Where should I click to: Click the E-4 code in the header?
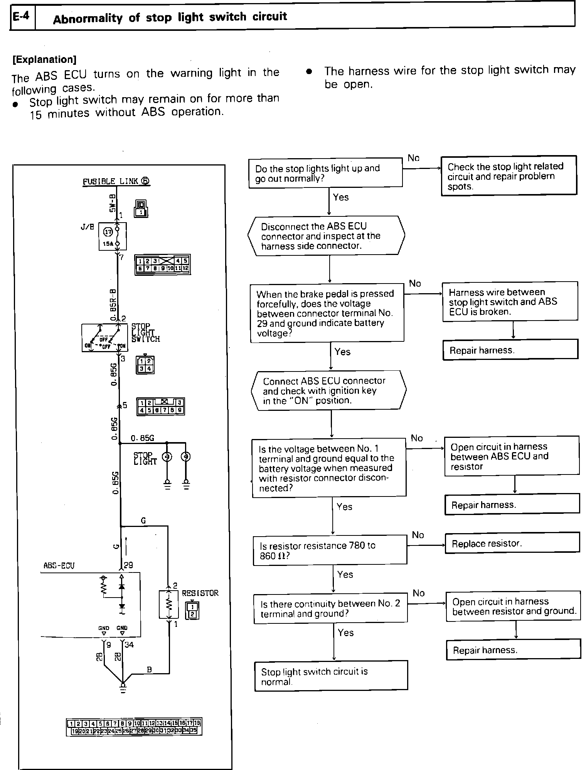point(22,17)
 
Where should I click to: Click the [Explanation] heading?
point(44,59)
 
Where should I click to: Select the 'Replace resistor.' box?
point(512,543)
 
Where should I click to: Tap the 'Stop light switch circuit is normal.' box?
point(331,676)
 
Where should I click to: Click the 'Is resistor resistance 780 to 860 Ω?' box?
point(330,550)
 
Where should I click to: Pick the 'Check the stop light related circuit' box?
point(509,176)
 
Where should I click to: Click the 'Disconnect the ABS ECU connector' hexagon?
point(326,236)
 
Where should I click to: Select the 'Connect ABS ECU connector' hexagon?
point(328,390)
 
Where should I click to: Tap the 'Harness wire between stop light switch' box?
point(510,301)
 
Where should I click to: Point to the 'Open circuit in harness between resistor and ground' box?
point(513,606)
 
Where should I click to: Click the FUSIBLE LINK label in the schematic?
point(116,181)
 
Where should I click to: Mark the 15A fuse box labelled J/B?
point(108,236)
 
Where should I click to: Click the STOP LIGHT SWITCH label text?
point(145,333)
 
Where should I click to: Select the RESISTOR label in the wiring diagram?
point(200,593)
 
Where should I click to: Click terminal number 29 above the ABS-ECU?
point(128,565)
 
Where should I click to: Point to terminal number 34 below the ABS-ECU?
point(129,645)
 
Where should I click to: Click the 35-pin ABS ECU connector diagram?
point(134,727)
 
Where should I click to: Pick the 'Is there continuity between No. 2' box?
point(330,608)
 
